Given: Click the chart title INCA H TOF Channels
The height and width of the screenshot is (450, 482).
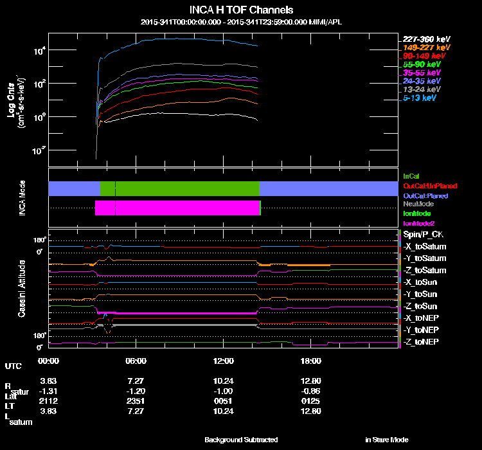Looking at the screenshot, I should point(241,10).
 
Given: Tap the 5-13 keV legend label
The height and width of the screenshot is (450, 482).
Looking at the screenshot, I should point(420,98).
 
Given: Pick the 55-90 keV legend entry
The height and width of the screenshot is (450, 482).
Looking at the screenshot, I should point(422,64).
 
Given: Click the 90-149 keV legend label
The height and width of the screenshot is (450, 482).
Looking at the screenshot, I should point(424,56).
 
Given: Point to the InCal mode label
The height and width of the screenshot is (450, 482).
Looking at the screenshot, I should point(411,175).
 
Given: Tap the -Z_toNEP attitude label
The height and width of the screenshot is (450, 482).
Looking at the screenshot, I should point(422,341).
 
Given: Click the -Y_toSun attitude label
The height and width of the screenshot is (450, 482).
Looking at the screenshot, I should point(422,294).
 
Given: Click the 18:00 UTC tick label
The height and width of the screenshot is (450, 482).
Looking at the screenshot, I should point(310,361).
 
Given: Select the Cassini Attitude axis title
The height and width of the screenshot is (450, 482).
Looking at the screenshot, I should point(21,288).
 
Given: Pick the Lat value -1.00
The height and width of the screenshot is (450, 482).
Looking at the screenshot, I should point(224,390).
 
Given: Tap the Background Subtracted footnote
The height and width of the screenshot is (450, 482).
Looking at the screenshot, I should point(241,440).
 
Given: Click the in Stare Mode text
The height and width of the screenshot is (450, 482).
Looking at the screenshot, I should point(386,440).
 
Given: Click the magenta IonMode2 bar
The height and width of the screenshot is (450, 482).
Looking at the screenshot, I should point(177,208).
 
